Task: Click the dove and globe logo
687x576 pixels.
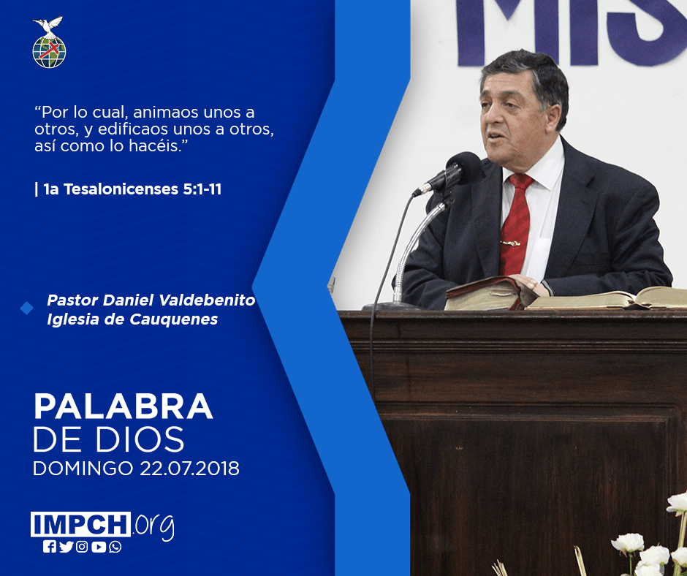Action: pos(49,42)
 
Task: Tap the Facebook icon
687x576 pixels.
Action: pos(50,547)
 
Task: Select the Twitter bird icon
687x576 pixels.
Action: pos(66,547)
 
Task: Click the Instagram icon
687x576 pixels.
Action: pos(82,547)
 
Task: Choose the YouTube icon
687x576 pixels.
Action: pos(99,547)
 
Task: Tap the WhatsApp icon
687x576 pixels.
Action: pos(115,547)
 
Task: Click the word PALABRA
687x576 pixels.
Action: pos(123,407)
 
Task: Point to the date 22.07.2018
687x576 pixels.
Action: pos(190,468)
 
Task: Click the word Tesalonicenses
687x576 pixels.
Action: pos(121,189)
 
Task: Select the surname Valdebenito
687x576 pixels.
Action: pos(207,300)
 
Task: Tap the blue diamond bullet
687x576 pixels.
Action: pos(27,308)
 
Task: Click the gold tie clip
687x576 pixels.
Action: pos(510,243)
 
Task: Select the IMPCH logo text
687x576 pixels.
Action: pos(80,524)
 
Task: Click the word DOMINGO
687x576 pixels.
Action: pos(83,468)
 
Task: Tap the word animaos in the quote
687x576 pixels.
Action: pos(166,113)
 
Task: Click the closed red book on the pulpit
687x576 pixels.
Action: pos(490,293)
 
